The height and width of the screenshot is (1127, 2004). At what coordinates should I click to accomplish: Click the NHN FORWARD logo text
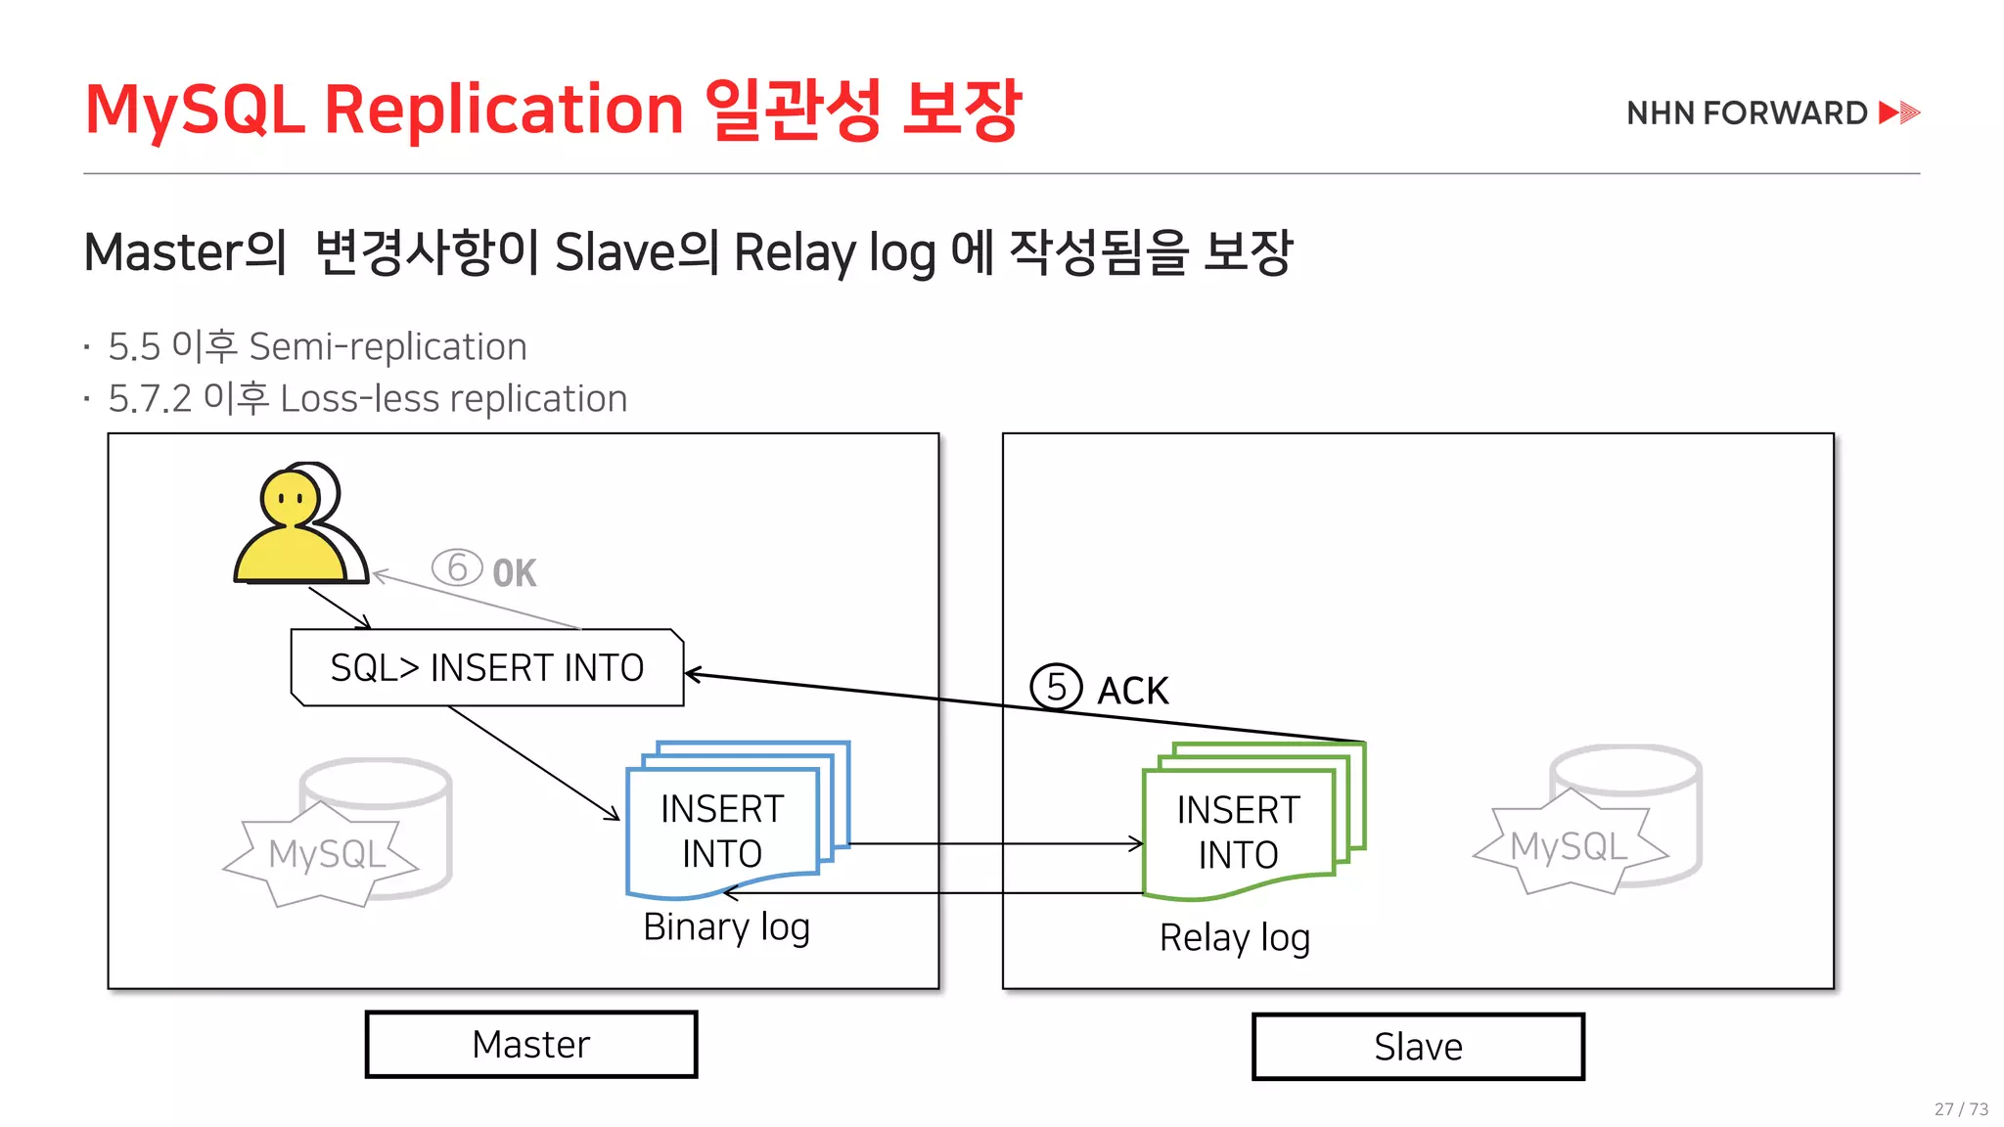pyautogui.click(x=1747, y=113)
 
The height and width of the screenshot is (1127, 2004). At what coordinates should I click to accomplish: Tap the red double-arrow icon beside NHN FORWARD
pyautogui.click(x=1899, y=113)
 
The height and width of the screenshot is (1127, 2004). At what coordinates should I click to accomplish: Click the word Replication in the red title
pyautogui.click(x=503, y=109)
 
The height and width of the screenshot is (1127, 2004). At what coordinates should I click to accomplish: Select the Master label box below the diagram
pyautogui.click(x=531, y=1045)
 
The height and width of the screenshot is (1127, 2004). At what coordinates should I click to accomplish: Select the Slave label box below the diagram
pyautogui.click(x=1418, y=1047)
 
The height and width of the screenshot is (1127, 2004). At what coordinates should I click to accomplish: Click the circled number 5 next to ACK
pyautogui.click(x=1056, y=687)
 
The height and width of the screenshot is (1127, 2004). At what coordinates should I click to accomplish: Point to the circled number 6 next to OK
pyautogui.click(x=457, y=567)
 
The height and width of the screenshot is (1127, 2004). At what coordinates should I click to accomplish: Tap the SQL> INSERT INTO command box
pyautogui.click(x=487, y=667)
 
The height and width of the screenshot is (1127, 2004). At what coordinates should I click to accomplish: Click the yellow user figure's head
pyautogui.click(x=290, y=498)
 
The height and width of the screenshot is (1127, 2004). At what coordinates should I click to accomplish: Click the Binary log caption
pyautogui.click(x=726, y=926)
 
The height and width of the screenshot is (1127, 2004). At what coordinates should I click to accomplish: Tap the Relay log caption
pyautogui.click(x=1235, y=937)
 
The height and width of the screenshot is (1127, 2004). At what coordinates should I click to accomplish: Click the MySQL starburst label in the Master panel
pyautogui.click(x=327, y=854)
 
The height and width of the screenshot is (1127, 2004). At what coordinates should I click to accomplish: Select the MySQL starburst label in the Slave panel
pyautogui.click(x=1569, y=846)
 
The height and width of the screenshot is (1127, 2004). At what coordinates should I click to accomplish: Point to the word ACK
pyautogui.click(x=1133, y=691)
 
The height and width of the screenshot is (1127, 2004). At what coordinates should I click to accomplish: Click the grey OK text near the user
pyautogui.click(x=514, y=573)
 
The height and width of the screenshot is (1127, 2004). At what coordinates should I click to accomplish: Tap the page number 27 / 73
pyautogui.click(x=1961, y=1108)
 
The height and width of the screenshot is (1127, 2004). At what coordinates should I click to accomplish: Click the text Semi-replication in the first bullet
pyautogui.click(x=387, y=346)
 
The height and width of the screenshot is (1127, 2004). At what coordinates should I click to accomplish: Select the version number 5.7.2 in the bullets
pyautogui.click(x=150, y=399)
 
